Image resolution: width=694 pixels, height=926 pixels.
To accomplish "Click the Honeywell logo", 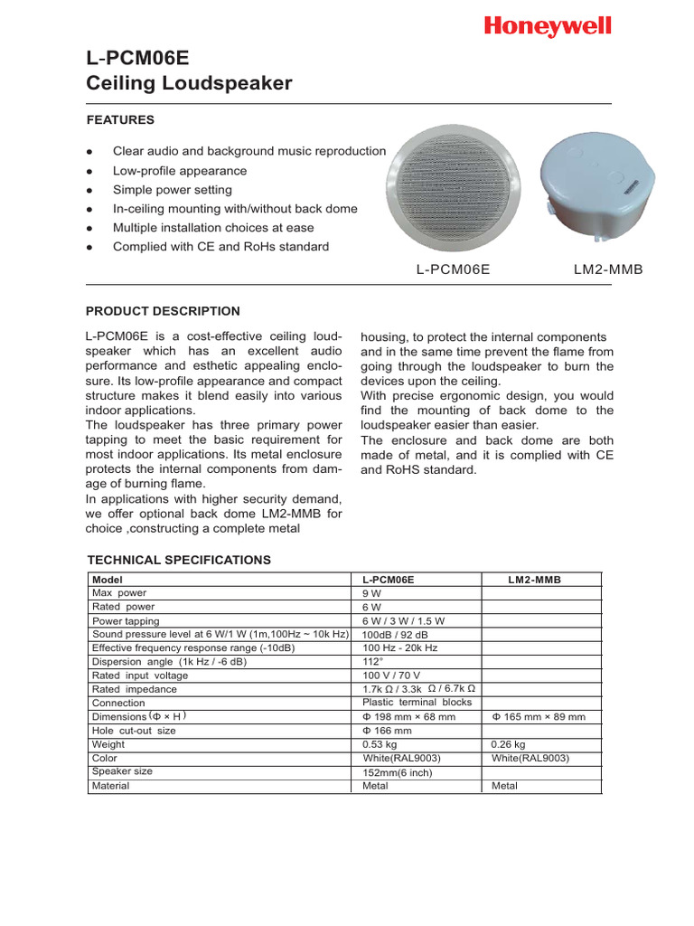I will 548,27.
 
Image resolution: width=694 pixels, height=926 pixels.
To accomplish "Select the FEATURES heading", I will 120,119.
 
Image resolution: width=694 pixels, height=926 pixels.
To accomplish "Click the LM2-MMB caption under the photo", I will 608,269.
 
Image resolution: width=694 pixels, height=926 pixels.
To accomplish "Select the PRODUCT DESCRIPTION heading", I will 163,311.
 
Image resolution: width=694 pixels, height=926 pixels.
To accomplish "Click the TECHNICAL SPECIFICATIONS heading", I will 178,560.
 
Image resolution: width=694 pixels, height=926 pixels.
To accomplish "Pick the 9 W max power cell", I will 372,593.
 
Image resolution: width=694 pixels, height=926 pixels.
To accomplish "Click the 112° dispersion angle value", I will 372,661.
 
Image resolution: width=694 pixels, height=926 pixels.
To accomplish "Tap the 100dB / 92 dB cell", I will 396,635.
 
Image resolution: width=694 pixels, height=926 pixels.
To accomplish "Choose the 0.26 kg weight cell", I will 508,744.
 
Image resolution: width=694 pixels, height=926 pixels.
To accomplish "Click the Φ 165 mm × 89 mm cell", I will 539,716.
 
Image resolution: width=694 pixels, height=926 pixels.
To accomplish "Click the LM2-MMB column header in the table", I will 534,580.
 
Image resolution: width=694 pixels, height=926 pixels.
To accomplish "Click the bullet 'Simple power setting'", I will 172,190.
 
